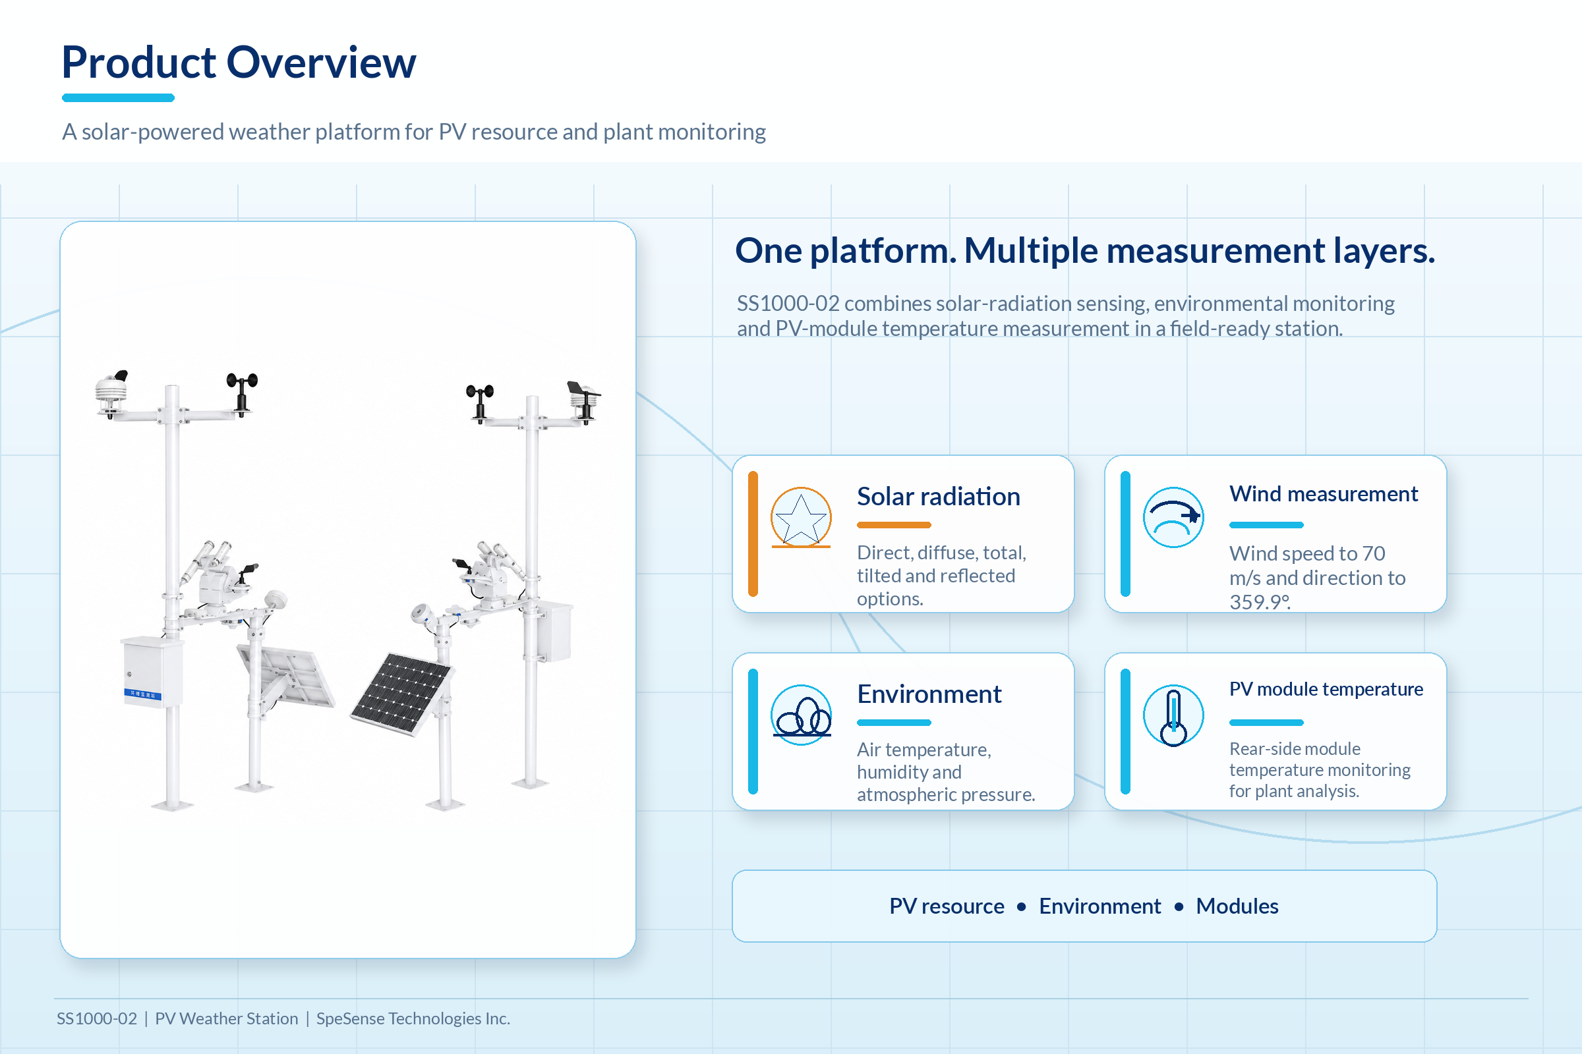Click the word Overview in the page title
coord(321,63)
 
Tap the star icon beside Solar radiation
coord(800,518)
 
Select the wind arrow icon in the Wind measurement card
coord(1173,518)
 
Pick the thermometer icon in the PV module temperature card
coord(1173,715)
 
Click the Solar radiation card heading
coord(938,497)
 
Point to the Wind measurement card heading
coord(1323,494)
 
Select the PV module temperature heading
coord(1326,689)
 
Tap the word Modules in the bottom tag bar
coord(1237,906)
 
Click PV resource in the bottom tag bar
coord(947,906)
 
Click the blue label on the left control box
coord(142,694)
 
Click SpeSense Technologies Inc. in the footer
coord(413,1018)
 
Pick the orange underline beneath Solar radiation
coord(894,525)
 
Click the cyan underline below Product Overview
coord(119,98)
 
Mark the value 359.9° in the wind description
coord(1260,601)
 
